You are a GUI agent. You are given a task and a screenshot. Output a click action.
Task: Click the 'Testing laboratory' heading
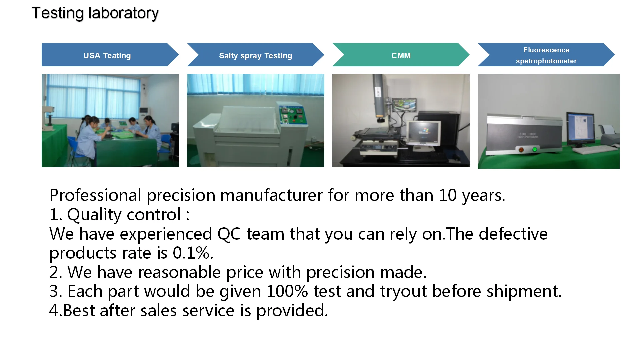pyautogui.click(x=95, y=13)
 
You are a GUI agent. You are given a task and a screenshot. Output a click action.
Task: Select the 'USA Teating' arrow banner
pyautogui.click(x=110, y=55)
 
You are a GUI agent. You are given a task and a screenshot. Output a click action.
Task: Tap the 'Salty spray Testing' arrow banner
pyautogui.click(x=255, y=55)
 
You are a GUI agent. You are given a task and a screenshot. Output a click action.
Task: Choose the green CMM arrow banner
pyautogui.click(x=401, y=55)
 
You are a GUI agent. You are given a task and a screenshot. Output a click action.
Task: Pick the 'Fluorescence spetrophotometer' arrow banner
pyautogui.click(x=546, y=55)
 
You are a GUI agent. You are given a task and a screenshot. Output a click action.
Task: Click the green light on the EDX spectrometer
pyautogui.click(x=535, y=149)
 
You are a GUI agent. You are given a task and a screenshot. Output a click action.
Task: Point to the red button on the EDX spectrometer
pyautogui.click(x=521, y=150)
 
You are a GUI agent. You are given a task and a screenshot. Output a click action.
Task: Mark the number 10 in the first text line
pyautogui.click(x=448, y=195)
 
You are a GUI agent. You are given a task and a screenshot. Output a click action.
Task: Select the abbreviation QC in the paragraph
pyautogui.click(x=229, y=234)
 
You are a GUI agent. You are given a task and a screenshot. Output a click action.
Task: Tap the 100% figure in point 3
pyautogui.click(x=287, y=291)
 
